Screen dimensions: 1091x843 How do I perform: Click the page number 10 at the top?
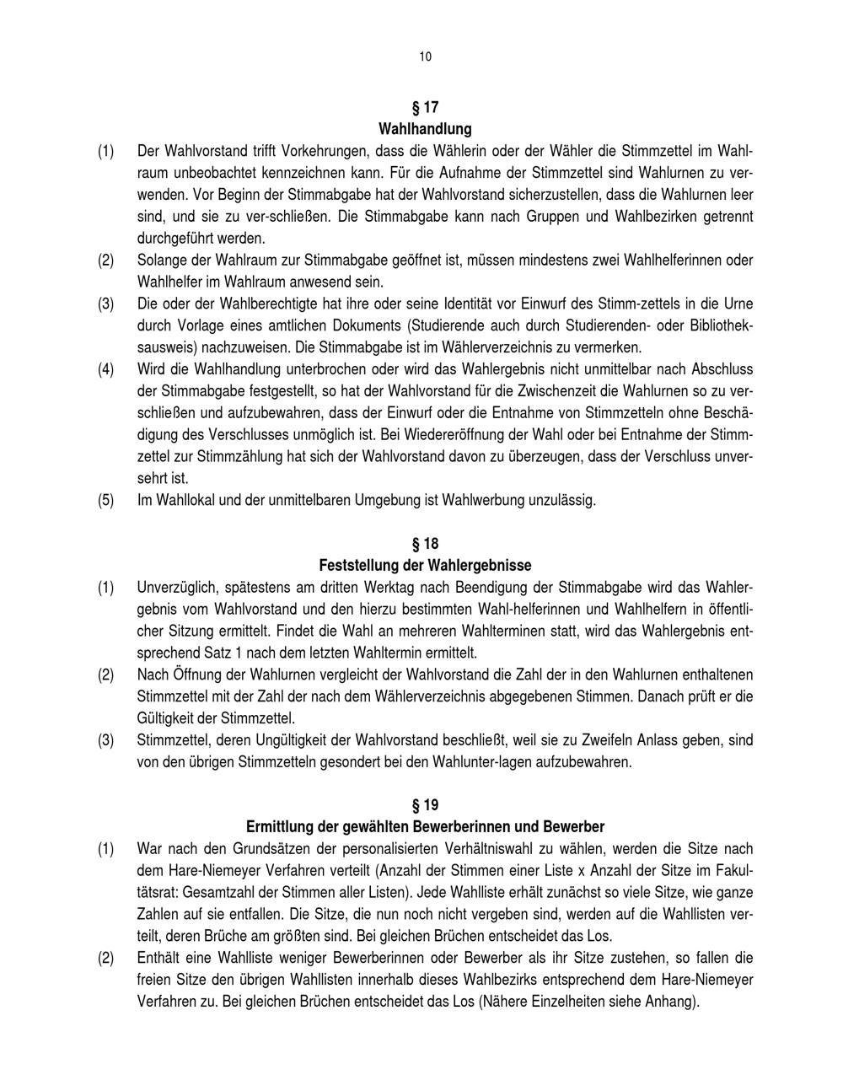tap(425, 56)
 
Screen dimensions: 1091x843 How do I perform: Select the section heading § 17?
tap(425, 107)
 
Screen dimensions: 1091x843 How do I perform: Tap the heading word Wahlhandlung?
tap(425, 129)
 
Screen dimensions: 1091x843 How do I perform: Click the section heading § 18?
tap(425, 543)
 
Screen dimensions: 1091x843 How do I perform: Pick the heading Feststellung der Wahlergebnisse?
tap(425, 565)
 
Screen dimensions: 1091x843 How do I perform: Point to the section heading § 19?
tap(425, 804)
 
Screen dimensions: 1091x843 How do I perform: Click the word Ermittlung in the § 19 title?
tap(281, 826)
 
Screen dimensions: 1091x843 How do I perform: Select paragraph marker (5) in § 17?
tap(105, 500)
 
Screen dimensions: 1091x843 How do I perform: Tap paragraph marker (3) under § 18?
tap(105, 739)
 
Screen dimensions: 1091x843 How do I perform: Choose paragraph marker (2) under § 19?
tap(105, 958)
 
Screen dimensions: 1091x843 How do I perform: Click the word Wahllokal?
tap(181, 500)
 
